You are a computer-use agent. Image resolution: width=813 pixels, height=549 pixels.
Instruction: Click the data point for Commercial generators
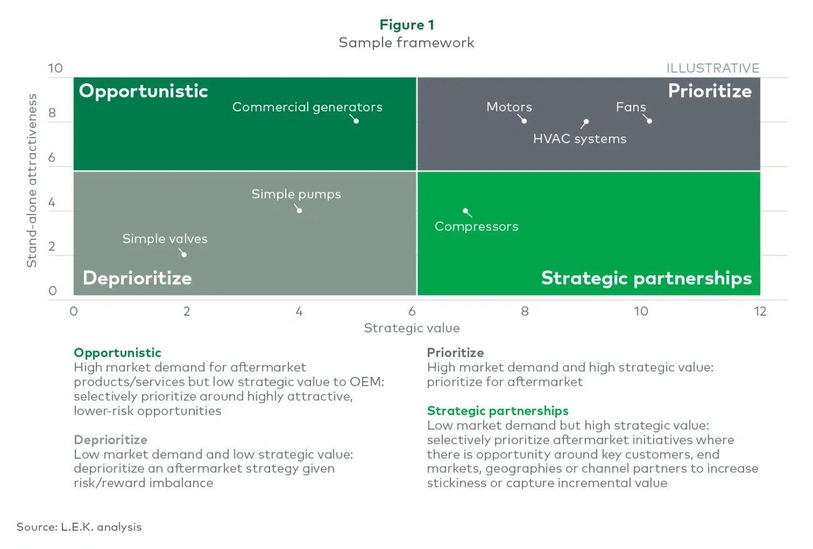[356, 121]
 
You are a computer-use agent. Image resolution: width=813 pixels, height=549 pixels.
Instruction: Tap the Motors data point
[524, 121]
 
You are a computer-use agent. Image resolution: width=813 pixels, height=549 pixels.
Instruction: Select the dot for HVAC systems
[586, 121]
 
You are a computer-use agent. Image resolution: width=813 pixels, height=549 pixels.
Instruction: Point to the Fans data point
[649, 121]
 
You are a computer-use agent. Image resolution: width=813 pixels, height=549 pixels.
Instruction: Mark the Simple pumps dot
[299, 210]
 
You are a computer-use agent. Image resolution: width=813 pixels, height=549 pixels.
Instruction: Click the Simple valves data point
[183, 254]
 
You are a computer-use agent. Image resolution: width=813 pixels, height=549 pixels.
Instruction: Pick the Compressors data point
[465, 211]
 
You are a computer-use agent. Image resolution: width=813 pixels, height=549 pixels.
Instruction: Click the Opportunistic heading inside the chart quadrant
[143, 91]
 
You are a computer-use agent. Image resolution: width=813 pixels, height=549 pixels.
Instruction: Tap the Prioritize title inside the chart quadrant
[709, 91]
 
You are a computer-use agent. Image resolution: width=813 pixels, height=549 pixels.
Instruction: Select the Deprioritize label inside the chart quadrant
[137, 278]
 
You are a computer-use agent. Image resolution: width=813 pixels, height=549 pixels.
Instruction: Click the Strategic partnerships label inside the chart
[646, 278]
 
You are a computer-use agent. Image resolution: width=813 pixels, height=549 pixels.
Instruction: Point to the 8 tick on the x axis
[525, 311]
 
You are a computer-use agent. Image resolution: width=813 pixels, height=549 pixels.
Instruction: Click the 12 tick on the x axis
[760, 311]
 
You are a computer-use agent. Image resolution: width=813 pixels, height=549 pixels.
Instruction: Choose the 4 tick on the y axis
[52, 203]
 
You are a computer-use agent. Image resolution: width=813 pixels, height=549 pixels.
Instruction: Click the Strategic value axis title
[412, 328]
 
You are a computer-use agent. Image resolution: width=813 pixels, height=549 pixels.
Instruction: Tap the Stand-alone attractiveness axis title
[32, 181]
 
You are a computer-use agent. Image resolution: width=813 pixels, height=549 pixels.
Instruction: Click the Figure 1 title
[406, 25]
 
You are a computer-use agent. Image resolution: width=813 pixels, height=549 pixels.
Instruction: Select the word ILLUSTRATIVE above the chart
[712, 68]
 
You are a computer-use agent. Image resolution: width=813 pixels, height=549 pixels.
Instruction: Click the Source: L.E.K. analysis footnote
[79, 526]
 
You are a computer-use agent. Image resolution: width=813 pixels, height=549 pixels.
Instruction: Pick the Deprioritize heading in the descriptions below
[110, 440]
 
